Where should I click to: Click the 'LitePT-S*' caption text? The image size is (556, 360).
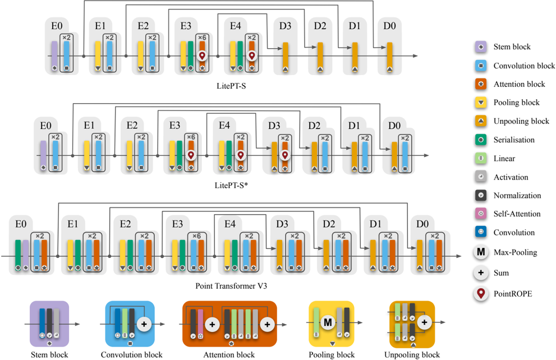(x=231, y=185)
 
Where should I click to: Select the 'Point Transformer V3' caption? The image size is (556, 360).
(x=231, y=286)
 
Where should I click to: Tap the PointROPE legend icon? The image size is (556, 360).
(x=481, y=293)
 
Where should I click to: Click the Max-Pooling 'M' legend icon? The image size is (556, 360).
(x=481, y=252)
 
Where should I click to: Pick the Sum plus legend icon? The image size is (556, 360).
(x=481, y=273)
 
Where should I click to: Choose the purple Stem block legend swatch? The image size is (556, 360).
(x=481, y=47)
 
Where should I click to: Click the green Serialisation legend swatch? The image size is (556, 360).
(x=481, y=140)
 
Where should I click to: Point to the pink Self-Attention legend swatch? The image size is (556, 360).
(x=481, y=214)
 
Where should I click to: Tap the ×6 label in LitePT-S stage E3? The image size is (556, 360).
(x=202, y=38)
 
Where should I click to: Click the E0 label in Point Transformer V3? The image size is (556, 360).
(x=21, y=224)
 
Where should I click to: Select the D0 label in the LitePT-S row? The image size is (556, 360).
(x=389, y=26)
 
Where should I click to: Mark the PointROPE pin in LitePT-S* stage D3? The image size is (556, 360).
(x=285, y=155)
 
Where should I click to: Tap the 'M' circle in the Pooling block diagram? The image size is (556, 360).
(x=328, y=322)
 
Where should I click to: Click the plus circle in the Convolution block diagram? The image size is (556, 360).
(x=144, y=324)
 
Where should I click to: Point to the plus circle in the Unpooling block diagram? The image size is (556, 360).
(x=425, y=322)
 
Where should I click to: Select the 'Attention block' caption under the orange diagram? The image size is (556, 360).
(x=229, y=355)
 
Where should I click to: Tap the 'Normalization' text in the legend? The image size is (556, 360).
(x=517, y=196)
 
